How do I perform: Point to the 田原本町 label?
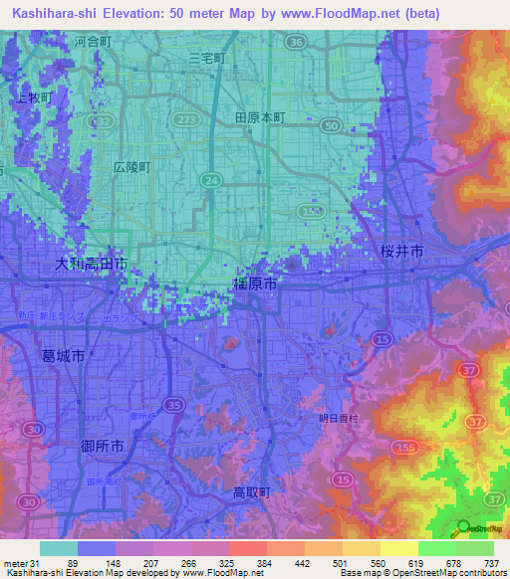(x=260, y=116)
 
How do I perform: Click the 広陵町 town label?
(x=130, y=167)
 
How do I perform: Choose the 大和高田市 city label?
(x=91, y=264)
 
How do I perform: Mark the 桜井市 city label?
(x=402, y=253)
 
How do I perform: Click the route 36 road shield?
(x=295, y=43)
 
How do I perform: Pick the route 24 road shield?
(x=210, y=179)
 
